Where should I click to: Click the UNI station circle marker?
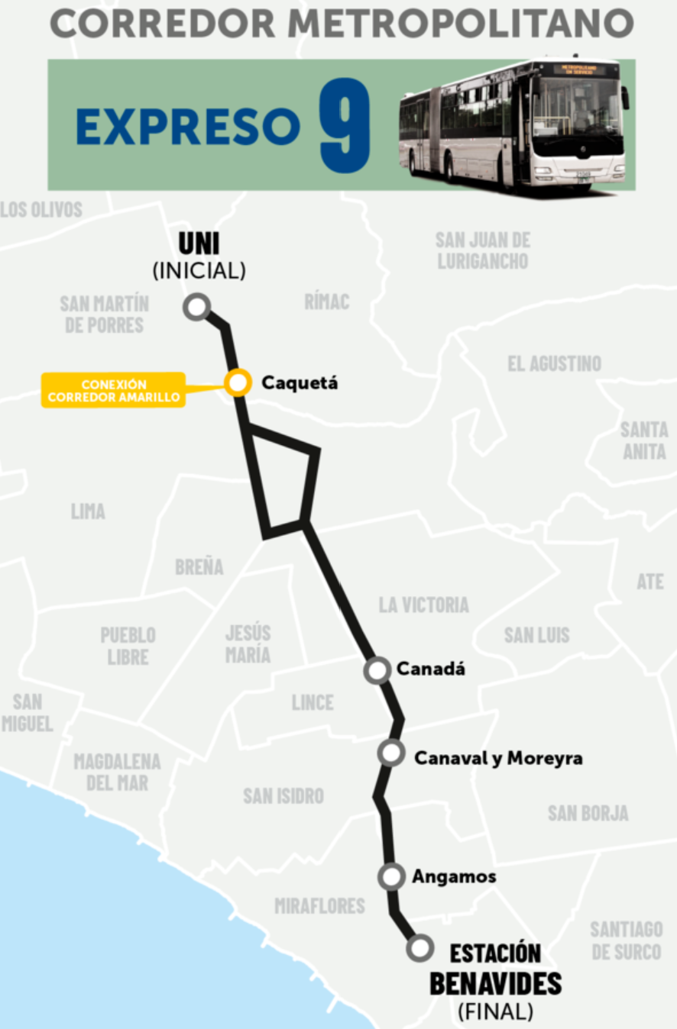coord(197,307)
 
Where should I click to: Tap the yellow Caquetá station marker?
coord(238,382)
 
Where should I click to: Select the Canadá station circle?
coord(377,669)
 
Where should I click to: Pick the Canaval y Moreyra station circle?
coord(390,753)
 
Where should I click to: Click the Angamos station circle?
coord(391,877)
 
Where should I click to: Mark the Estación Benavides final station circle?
coord(419,948)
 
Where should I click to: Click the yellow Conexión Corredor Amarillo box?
coord(113,390)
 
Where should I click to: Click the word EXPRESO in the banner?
coord(187,126)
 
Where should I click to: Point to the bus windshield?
coord(578,108)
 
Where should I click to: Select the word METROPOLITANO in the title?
coord(461,24)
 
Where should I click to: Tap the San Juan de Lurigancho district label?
coord(482,250)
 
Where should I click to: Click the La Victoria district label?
coord(423,605)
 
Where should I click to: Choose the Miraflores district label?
coord(319,906)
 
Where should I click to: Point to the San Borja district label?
coord(588,813)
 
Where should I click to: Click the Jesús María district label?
coord(248,644)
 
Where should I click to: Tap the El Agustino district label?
coord(554,363)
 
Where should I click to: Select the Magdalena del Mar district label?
coord(117,772)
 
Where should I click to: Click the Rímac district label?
coord(326,302)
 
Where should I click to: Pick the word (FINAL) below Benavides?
coord(495,1012)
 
